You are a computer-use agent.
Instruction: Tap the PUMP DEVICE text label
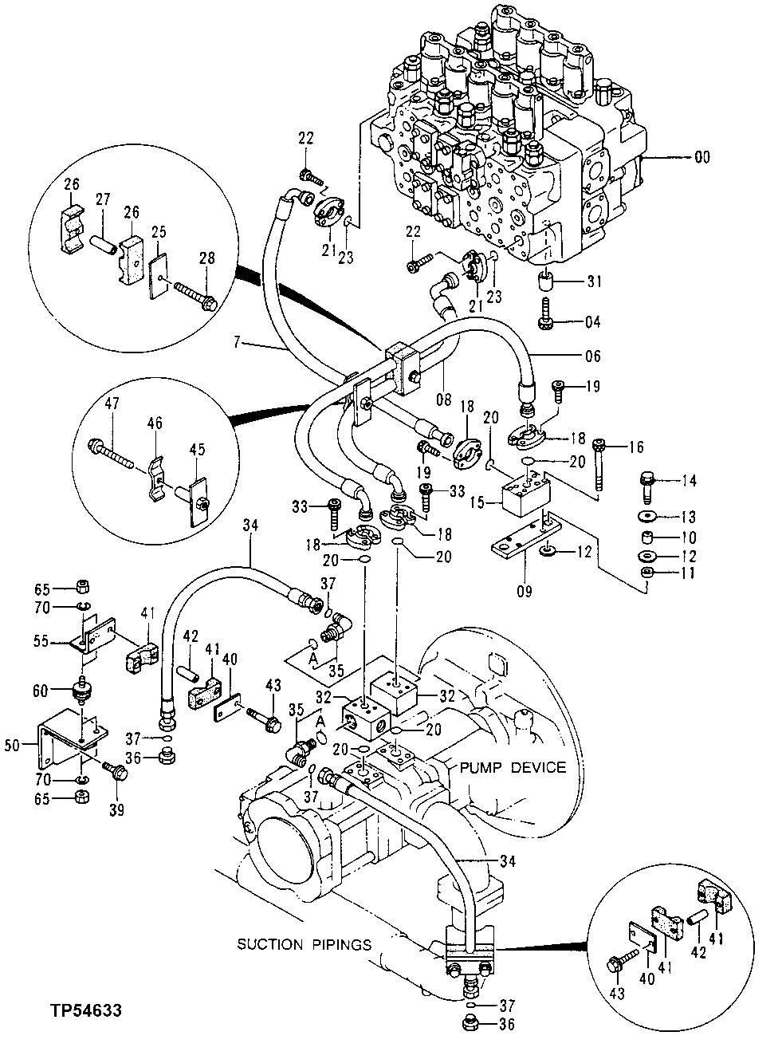pyautogui.click(x=512, y=767)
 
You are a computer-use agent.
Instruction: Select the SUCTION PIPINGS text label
pyautogui.click(x=304, y=944)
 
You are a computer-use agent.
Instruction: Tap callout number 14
pyautogui.click(x=689, y=481)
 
